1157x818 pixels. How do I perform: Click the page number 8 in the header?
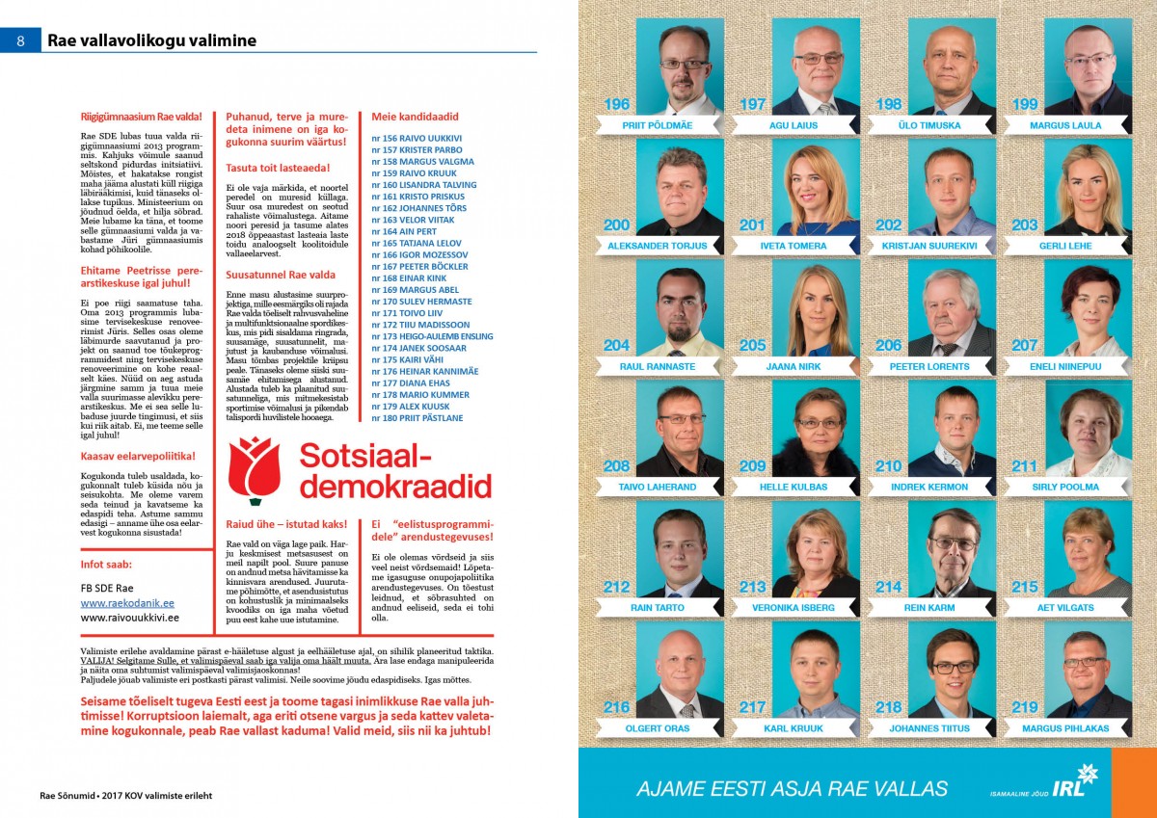point(20,40)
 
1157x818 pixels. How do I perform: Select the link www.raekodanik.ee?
point(120,601)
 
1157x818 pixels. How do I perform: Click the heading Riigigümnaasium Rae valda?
point(142,118)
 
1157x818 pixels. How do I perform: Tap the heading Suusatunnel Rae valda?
point(281,275)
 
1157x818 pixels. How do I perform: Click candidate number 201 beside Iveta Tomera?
point(752,224)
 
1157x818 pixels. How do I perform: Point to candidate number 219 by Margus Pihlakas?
point(1025,707)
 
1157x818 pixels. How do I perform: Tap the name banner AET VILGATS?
point(1066,608)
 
